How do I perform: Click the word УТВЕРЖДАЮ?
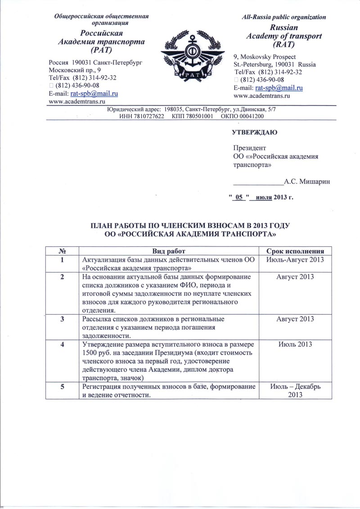(x=254, y=133)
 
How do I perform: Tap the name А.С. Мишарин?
(x=307, y=182)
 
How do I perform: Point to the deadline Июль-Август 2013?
(x=296, y=260)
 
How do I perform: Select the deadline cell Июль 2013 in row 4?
(x=296, y=344)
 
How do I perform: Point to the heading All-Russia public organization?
(x=283, y=17)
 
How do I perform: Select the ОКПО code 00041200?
(x=250, y=116)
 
